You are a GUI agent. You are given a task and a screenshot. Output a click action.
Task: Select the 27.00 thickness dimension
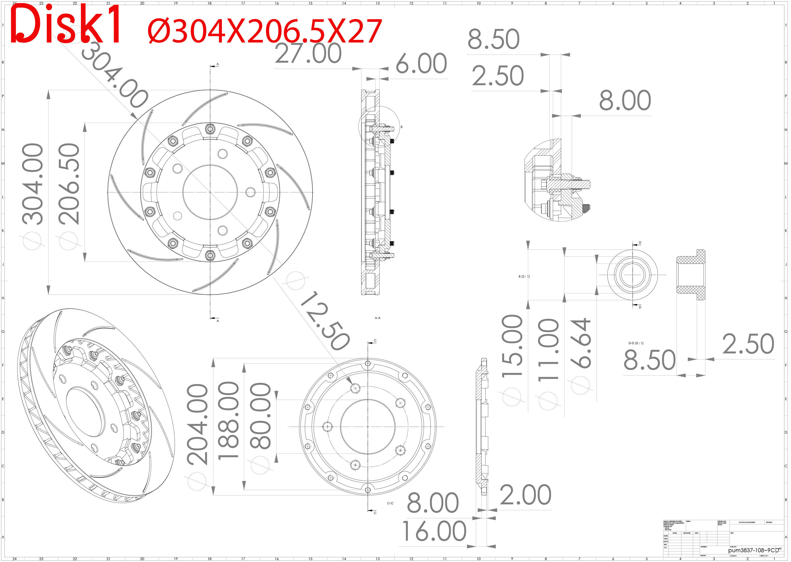coord(308,54)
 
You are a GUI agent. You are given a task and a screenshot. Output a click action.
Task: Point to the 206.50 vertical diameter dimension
coord(69,184)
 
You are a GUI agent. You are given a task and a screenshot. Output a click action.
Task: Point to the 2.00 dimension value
coord(525,495)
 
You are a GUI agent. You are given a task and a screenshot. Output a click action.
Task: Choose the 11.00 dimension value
coord(549,350)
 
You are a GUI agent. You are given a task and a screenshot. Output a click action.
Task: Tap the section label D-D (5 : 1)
coord(636,343)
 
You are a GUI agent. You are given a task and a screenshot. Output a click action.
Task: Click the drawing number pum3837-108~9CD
coord(753,550)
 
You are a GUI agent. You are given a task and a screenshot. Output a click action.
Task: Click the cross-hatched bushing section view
coord(691,275)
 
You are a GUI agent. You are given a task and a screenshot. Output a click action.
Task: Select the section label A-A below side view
coord(378,318)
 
